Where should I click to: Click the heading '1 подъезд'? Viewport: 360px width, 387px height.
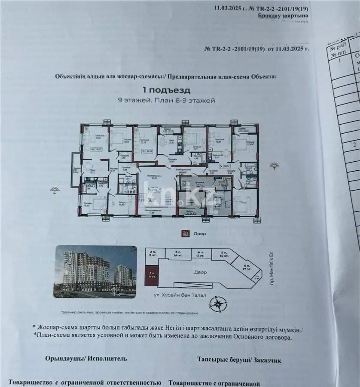coord(166,91)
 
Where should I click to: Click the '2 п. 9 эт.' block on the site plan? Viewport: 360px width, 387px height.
coord(152,253)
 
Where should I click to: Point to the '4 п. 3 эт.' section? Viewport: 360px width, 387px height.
coord(200,253)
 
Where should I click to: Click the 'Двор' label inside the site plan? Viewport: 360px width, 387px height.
coord(200,272)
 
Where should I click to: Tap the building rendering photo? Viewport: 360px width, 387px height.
coord(95,272)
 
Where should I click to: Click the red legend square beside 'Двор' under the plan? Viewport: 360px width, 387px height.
coord(185,233)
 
